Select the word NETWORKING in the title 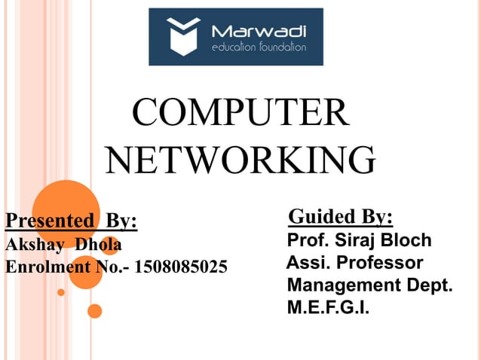[x=240, y=159]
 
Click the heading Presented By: [x=72, y=221]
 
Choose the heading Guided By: [x=341, y=218]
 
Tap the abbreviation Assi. [x=309, y=264]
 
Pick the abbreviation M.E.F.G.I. [x=329, y=308]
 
